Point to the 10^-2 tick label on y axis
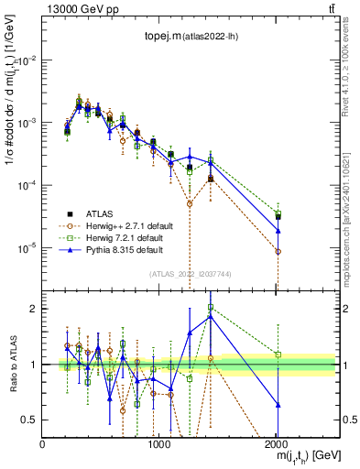pos(27,60)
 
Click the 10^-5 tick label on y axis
pos(27,247)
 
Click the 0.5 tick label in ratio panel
pos(30,419)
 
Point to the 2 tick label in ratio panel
pos(35,309)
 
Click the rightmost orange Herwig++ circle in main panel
pos(278,251)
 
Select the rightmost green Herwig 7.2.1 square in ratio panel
pos(278,354)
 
